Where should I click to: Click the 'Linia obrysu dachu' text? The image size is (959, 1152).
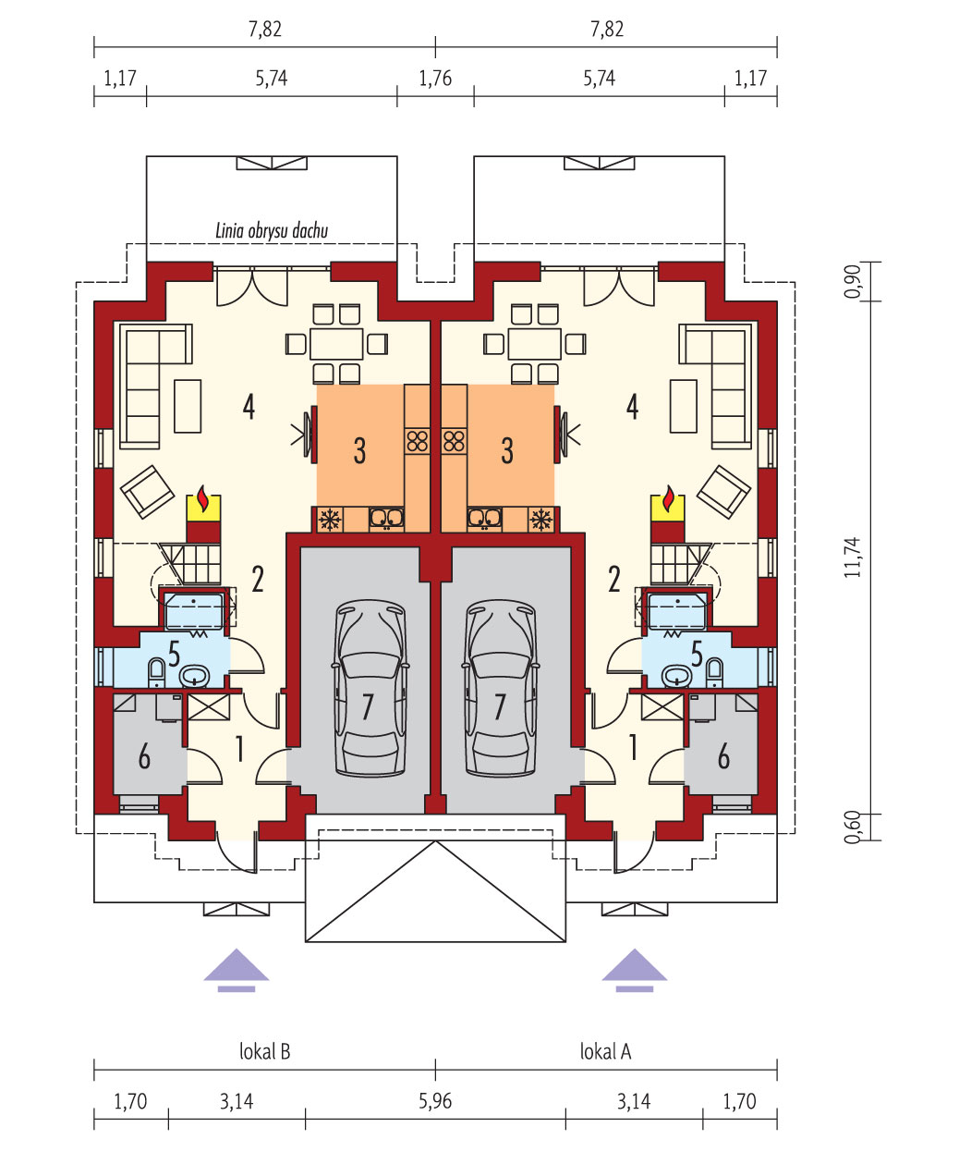[x=272, y=230]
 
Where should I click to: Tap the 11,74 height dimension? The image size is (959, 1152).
[x=853, y=558]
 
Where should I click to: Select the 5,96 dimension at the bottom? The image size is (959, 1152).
[x=435, y=1101]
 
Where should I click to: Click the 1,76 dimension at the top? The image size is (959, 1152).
[x=435, y=79]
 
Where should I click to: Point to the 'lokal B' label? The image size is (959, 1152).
[x=265, y=1051]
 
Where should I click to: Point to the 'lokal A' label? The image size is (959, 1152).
[x=605, y=1051]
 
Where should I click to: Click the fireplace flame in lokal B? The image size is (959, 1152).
[x=203, y=498]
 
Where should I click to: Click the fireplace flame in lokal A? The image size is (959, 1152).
[x=669, y=498]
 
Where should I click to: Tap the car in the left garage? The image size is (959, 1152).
[x=370, y=688]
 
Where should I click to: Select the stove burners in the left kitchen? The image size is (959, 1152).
[x=418, y=441]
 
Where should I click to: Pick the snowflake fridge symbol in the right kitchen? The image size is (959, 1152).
[x=541, y=520]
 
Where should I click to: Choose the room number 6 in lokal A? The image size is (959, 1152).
[x=723, y=756]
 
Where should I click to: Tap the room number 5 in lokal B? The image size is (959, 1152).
[x=175, y=655]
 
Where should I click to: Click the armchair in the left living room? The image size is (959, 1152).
[x=147, y=492]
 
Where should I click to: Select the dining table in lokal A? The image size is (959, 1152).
[x=534, y=344]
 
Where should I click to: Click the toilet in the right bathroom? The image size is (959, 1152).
[x=715, y=672]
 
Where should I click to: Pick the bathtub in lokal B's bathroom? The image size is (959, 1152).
[x=194, y=611]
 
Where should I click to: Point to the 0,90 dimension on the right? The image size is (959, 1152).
[x=853, y=281]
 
